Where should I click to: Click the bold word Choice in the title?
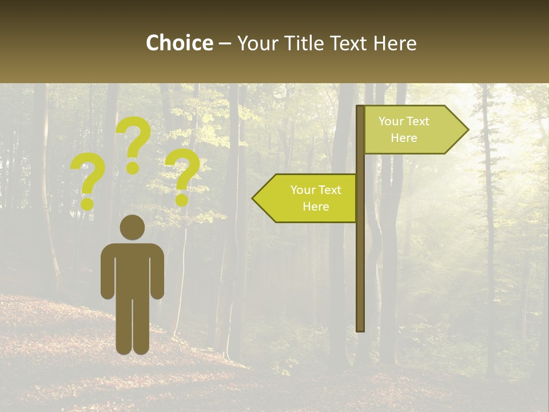(x=179, y=43)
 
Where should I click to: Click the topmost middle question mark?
(x=134, y=143)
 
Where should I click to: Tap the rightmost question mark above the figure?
(x=182, y=176)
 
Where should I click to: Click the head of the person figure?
(x=132, y=227)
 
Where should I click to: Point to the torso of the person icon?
(x=132, y=269)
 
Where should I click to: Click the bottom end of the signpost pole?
(x=360, y=328)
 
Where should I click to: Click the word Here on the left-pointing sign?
(x=316, y=207)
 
